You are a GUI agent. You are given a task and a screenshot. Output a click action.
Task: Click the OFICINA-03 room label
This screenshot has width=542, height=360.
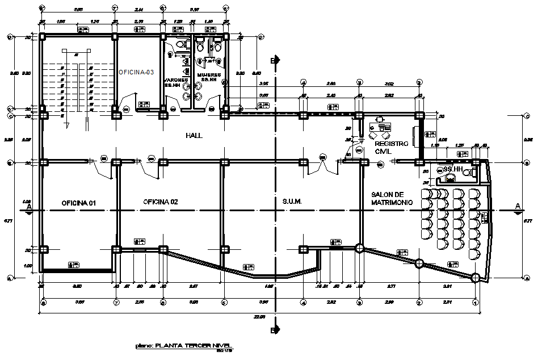136,72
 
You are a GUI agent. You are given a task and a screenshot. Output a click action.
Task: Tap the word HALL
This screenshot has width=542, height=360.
194,136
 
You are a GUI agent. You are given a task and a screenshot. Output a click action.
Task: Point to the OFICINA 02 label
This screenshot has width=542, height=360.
161,202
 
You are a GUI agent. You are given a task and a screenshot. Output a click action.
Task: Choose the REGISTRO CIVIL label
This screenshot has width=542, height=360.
391,148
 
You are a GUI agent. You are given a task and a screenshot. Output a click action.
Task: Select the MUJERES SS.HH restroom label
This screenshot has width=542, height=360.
207,78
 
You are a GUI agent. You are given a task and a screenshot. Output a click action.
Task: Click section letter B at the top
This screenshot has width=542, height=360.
273,60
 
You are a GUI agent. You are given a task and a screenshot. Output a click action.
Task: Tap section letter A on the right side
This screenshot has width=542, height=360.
518,205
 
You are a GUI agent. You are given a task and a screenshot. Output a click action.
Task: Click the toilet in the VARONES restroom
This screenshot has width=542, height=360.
180,44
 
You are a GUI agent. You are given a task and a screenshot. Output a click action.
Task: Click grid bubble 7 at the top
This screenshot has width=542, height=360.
115,9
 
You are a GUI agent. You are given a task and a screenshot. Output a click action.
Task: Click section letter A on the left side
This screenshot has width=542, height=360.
28,205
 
